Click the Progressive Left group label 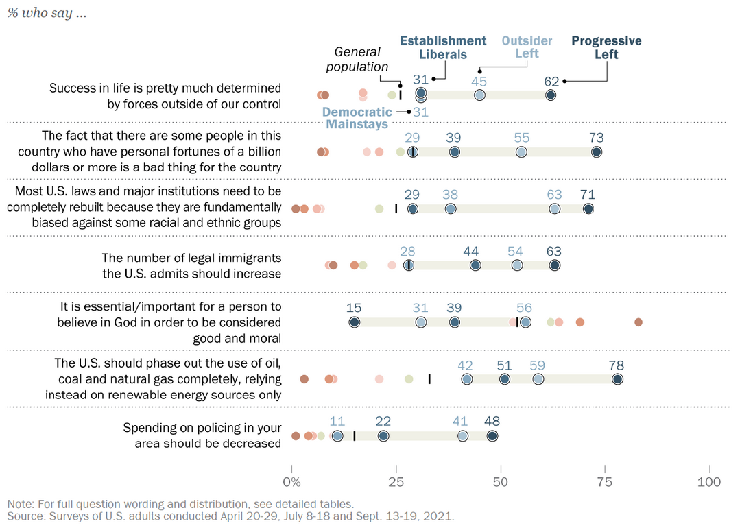tap(606, 47)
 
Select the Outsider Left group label tap(527, 47)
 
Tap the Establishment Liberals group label tap(443, 47)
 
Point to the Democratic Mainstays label tap(357, 118)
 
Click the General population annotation tap(357, 59)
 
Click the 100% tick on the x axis tap(708, 482)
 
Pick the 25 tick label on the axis tap(396, 482)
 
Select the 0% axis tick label tap(292, 482)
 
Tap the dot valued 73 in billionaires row tap(597, 152)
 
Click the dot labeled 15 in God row tap(354, 322)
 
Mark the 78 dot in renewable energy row tap(617, 379)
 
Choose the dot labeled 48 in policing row tap(492, 436)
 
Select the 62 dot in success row tap(551, 95)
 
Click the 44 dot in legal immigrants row tap(475, 265)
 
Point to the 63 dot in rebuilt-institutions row tap(554, 209)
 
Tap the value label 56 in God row tap(525, 309)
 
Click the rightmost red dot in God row tap(638, 322)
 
